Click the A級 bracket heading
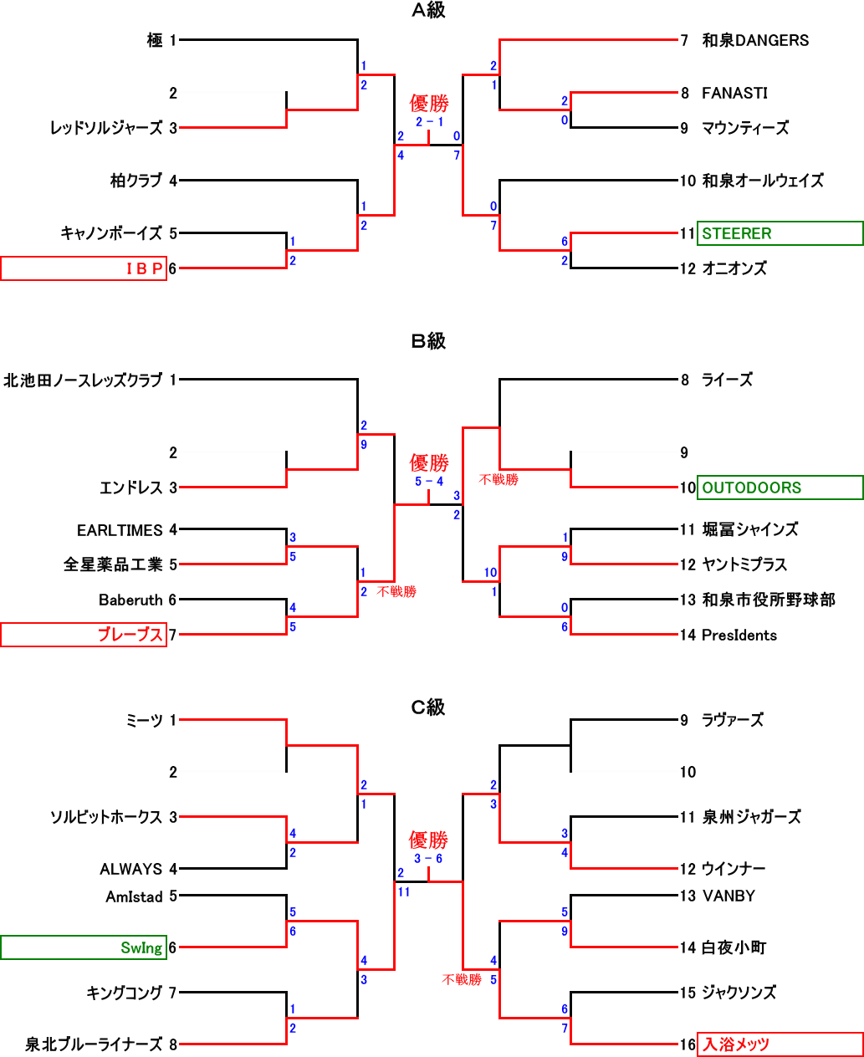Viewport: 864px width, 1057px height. click(x=428, y=11)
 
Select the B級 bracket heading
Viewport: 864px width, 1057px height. click(x=428, y=341)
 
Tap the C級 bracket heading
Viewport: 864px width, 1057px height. click(x=428, y=707)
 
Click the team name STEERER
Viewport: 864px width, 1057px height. click(x=737, y=234)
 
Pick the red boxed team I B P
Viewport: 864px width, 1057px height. click(x=144, y=268)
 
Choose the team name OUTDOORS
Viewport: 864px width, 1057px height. click(x=751, y=488)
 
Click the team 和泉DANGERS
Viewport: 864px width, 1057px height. click(x=755, y=40)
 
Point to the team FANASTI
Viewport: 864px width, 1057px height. click(x=734, y=94)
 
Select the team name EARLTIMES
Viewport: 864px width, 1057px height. click(x=120, y=531)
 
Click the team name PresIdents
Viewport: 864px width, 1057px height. click(x=739, y=636)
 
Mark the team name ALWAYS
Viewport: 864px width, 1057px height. click(x=130, y=870)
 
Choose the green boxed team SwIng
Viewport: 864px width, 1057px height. click(x=141, y=948)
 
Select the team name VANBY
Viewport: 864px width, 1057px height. click(x=729, y=896)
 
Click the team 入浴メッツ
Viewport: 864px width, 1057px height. click(x=736, y=1044)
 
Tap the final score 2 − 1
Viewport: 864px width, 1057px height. click(x=429, y=122)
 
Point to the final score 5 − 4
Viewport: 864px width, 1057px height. click(x=429, y=482)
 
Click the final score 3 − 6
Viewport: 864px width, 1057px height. click(x=428, y=859)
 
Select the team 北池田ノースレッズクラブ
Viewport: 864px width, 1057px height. click(x=83, y=380)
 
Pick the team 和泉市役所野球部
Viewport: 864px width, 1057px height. click(x=768, y=600)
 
